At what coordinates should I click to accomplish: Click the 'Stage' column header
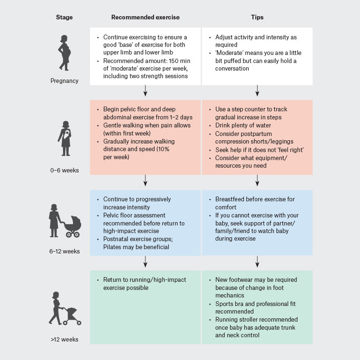[64, 18]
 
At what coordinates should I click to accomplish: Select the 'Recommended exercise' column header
[145, 18]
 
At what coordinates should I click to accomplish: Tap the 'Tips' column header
[257, 18]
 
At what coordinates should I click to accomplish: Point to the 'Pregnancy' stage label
[64, 81]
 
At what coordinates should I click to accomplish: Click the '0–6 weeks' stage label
[65, 169]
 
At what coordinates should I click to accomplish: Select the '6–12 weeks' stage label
[65, 252]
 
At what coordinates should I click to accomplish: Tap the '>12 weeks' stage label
[65, 339]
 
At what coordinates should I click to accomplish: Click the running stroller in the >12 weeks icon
[72, 315]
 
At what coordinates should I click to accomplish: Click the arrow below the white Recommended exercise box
[145, 90]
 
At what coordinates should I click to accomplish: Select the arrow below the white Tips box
[257, 90]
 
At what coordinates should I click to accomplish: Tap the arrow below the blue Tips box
[257, 261]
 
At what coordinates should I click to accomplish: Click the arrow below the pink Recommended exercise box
[145, 180]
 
